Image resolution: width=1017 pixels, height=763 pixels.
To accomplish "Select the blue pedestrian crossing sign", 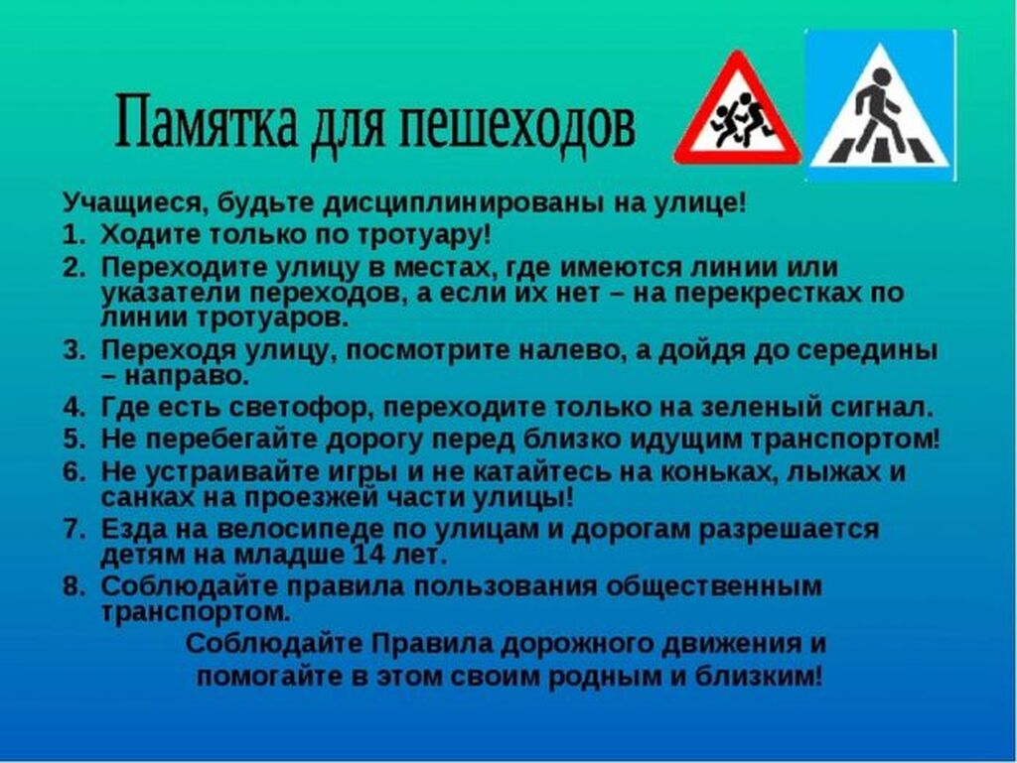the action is pos(880,104).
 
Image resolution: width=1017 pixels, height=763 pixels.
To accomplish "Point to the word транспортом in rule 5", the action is pos(845,441).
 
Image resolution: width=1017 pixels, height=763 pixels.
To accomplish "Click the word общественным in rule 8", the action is pos(714,587).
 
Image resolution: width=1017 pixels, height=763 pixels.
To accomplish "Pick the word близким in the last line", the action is pos(759,677).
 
